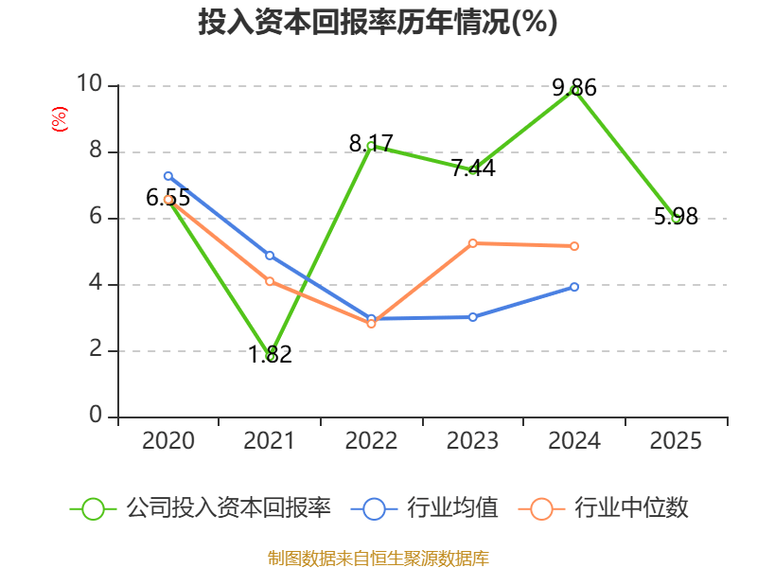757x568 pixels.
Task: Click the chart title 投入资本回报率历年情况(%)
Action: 378,23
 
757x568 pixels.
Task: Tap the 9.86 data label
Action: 574,88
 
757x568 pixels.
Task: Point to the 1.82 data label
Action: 270,355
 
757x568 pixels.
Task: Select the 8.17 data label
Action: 371,144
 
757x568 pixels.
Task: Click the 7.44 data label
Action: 473,169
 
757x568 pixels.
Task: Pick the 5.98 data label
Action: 676,217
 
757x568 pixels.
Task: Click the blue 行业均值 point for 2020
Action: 168,176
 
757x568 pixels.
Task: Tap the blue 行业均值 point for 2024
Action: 574,286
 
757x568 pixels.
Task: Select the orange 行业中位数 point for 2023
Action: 473,243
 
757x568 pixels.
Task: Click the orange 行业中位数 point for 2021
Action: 270,281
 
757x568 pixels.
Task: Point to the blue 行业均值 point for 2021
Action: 270,256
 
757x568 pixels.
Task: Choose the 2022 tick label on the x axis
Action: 371,441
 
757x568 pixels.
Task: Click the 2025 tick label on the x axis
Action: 676,441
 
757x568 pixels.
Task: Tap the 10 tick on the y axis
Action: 90,85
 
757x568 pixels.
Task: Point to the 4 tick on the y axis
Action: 96,284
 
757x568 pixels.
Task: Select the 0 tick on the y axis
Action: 96,417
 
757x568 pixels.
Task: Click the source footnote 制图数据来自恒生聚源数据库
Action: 378,558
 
